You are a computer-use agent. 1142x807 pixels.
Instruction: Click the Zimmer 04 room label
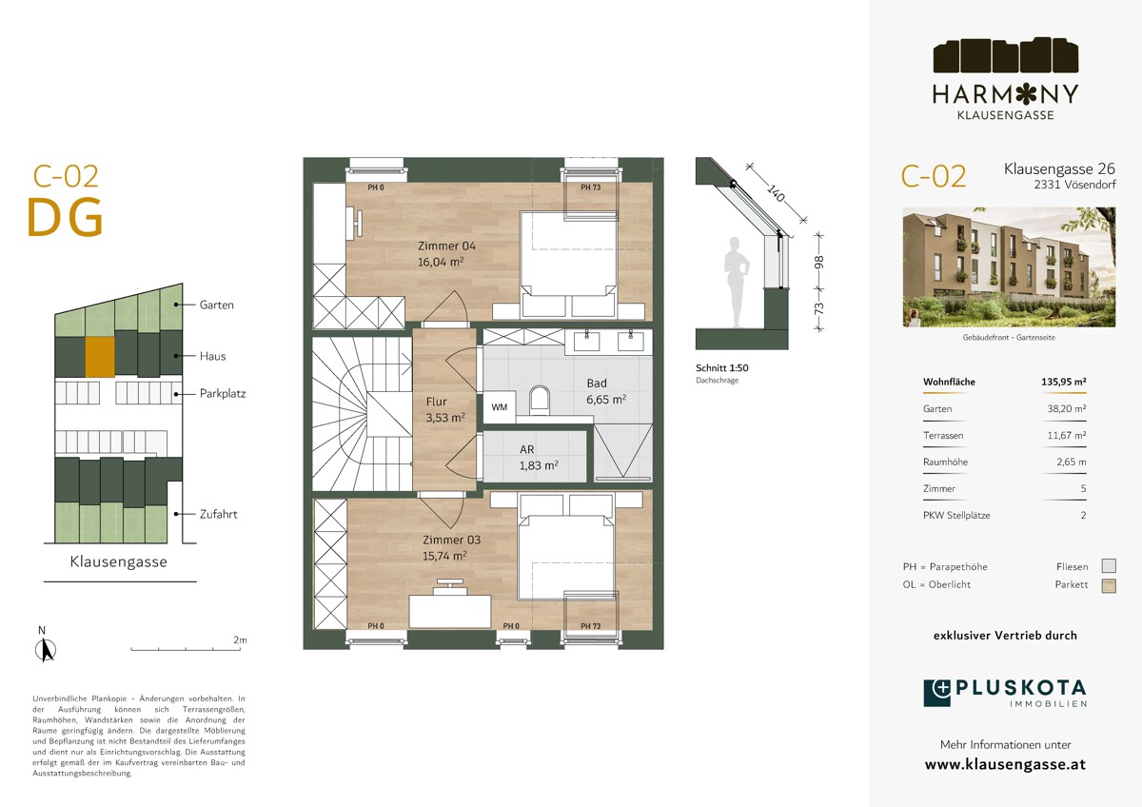tap(446, 246)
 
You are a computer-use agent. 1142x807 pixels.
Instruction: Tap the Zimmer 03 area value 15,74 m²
tap(444, 556)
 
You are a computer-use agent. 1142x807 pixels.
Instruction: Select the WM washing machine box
tap(499, 406)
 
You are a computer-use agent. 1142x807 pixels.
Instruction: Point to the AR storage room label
tap(526, 449)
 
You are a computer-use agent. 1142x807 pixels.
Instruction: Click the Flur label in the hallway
tap(437, 402)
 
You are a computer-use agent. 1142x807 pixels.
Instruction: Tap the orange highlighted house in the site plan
tap(100, 357)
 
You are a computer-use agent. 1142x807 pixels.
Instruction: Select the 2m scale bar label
tap(240, 640)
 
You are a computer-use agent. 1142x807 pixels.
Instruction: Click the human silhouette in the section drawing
tap(737, 282)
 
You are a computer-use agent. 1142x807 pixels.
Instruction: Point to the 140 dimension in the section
tap(776, 194)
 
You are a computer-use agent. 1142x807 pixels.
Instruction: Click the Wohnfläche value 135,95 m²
tap(1064, 382)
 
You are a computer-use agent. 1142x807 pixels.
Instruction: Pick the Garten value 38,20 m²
tap(1066, 408)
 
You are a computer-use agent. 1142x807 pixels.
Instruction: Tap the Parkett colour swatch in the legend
tap(1109, 586)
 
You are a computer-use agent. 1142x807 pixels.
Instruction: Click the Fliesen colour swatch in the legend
tap(1109, 566)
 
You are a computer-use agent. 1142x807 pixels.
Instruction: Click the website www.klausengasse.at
tap(1005, 765)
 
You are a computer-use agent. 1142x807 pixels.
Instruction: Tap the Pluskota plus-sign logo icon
tap(937, 693)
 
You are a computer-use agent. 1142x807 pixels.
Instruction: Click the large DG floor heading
tap(66, 218)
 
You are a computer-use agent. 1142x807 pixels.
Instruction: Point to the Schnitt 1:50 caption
tap(722, 367)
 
